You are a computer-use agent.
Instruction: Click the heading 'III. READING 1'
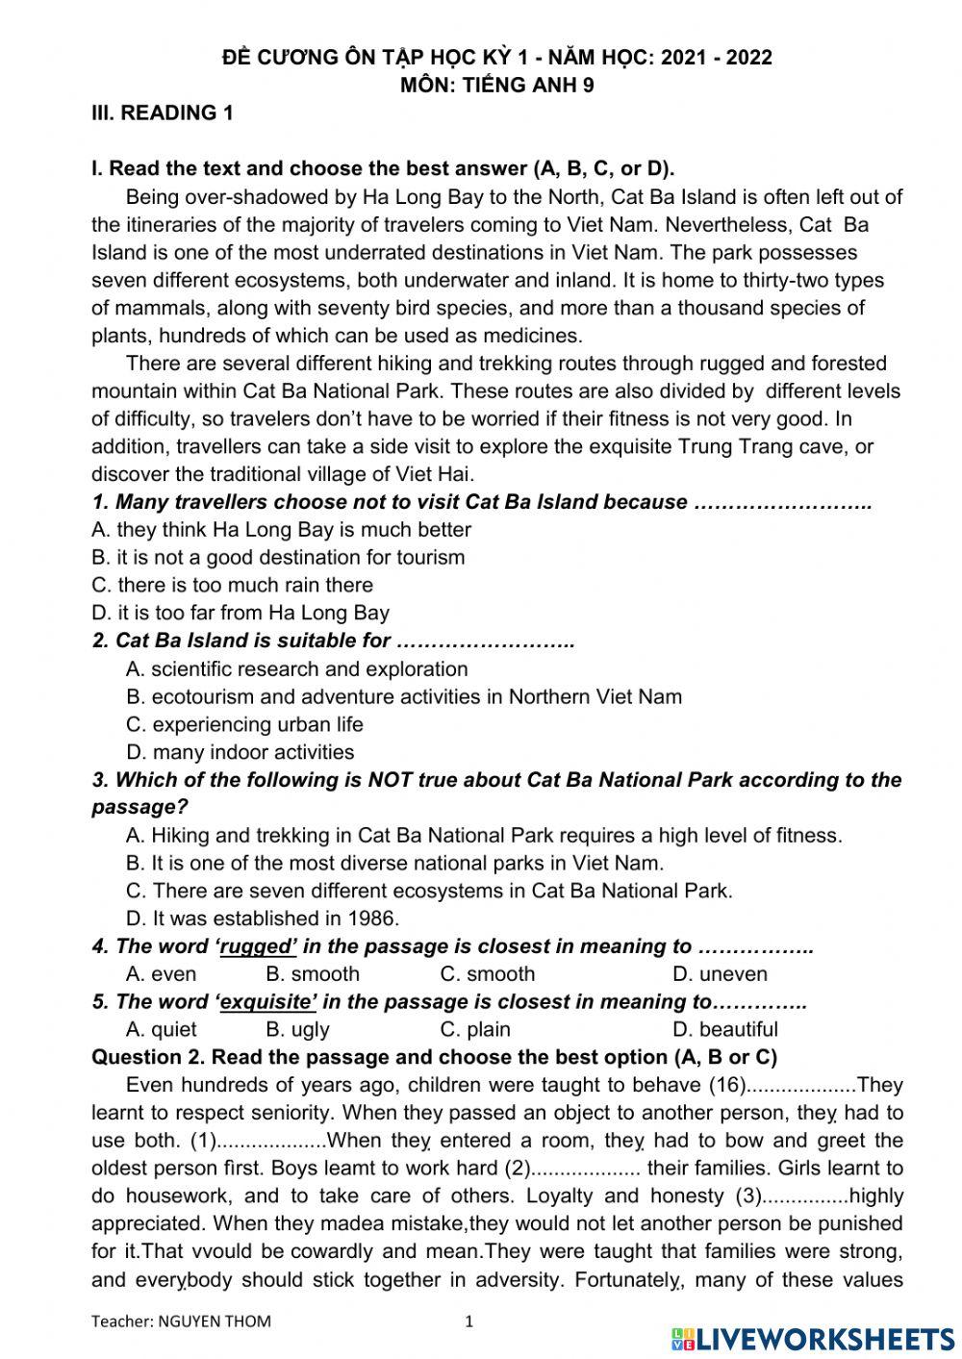(162, 113)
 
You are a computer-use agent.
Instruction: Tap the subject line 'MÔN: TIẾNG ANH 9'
(496, 85)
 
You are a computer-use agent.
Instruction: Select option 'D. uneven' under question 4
(720, 974)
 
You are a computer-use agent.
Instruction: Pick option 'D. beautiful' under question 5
(725, 1030)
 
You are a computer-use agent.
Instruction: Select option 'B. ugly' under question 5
(297, 1030)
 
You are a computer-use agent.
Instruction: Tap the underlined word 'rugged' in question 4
(257, 946)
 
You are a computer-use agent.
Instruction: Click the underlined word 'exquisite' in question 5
(267, 1002)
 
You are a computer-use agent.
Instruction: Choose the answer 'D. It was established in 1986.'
(262, 919)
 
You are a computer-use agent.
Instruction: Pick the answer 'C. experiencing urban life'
(244, 724)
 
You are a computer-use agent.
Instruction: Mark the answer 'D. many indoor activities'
(240, 752)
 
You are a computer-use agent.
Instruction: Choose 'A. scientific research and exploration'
(296, 669)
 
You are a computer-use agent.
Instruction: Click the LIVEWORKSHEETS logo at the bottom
(813, 1338)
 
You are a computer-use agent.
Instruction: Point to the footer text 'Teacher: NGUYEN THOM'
(181, 1321)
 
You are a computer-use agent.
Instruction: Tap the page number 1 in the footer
(469, 1321)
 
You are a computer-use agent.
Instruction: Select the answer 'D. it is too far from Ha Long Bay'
(240, 613)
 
